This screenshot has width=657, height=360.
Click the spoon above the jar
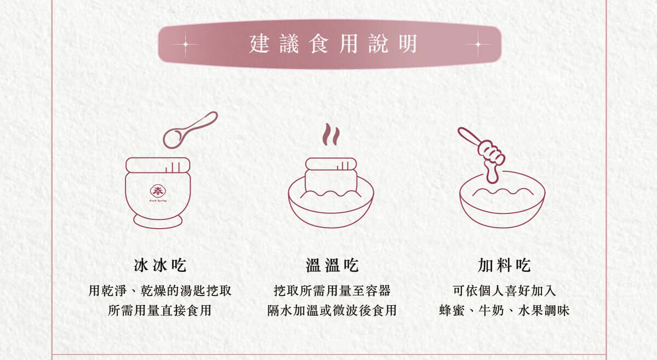(187, 130)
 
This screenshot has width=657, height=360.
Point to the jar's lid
(158, 165)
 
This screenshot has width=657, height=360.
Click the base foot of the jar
(158, 222)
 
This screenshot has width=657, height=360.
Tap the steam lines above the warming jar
(330, 135)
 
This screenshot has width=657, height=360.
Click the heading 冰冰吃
(160, 266)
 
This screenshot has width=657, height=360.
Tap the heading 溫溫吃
(332, 266)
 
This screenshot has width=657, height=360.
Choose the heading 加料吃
(504, 266)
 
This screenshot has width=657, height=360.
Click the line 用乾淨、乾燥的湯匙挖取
(160, 291)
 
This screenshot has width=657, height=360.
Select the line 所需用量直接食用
(160, 311)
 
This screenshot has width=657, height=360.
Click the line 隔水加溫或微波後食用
(332, 311)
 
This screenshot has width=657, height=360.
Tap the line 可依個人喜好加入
(504, 291)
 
